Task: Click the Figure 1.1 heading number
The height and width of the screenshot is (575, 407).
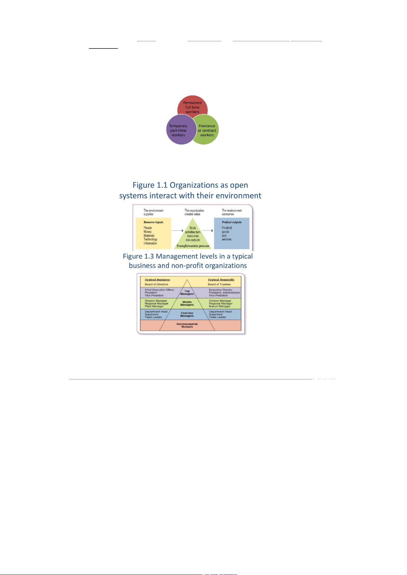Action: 161,185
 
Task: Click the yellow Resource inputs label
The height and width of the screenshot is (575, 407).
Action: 153,222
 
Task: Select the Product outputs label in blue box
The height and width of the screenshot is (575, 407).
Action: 232,222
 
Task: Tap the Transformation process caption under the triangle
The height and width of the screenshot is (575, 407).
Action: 193,246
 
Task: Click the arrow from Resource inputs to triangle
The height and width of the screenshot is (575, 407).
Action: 178,231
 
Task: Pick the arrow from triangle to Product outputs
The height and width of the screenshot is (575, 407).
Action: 207,231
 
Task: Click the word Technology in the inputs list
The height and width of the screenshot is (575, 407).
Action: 150,239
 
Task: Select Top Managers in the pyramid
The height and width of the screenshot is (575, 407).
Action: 187,292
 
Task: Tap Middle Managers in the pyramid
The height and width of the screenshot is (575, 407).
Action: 187,303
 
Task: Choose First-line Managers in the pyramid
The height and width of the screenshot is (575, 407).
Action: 187,314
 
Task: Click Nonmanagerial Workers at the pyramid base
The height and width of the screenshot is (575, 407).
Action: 187,325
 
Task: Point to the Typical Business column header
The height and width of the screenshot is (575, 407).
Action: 157,279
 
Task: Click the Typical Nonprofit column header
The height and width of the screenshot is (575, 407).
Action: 221,279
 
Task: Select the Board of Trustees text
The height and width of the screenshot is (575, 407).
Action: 219,284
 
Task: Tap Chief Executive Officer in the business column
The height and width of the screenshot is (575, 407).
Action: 159,290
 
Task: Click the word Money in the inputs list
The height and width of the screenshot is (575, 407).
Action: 148,232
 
